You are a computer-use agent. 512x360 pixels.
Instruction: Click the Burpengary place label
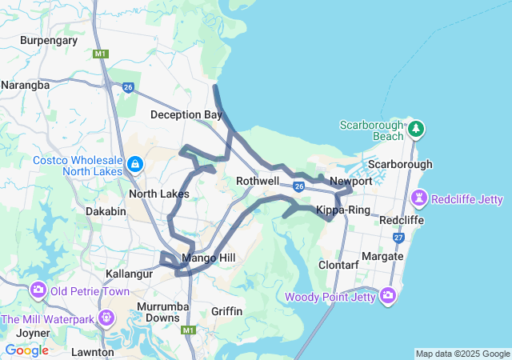(x=49, y=40)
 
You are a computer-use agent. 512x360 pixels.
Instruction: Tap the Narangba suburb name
(x=25, y=84)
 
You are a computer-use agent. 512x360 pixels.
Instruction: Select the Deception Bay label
(x=186, y=115)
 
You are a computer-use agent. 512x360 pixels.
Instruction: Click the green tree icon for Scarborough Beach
(x=415, y=128)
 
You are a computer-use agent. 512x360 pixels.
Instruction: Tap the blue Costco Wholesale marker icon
(x=134, y=166)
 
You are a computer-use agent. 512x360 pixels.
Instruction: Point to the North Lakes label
(x=159, y=194)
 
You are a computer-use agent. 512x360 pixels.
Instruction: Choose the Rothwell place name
(x=258, y=182)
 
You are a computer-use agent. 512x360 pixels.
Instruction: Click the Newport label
(x=351, y=182)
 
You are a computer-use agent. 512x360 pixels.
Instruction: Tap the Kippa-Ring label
(x=342, y=210)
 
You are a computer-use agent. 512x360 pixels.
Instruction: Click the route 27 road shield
(x=399, y=238)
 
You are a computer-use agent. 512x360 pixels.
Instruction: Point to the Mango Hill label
(x=208, y=258)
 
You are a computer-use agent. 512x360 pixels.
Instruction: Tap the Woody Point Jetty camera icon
(x=388, y=295)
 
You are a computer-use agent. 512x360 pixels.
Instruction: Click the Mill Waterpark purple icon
(x=105, y=319)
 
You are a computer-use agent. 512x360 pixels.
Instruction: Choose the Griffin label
(x=227, y=310)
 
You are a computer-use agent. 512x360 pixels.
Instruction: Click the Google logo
(x=26, y=350)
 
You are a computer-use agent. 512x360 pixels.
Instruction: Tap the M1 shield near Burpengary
(x=100, y=54)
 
